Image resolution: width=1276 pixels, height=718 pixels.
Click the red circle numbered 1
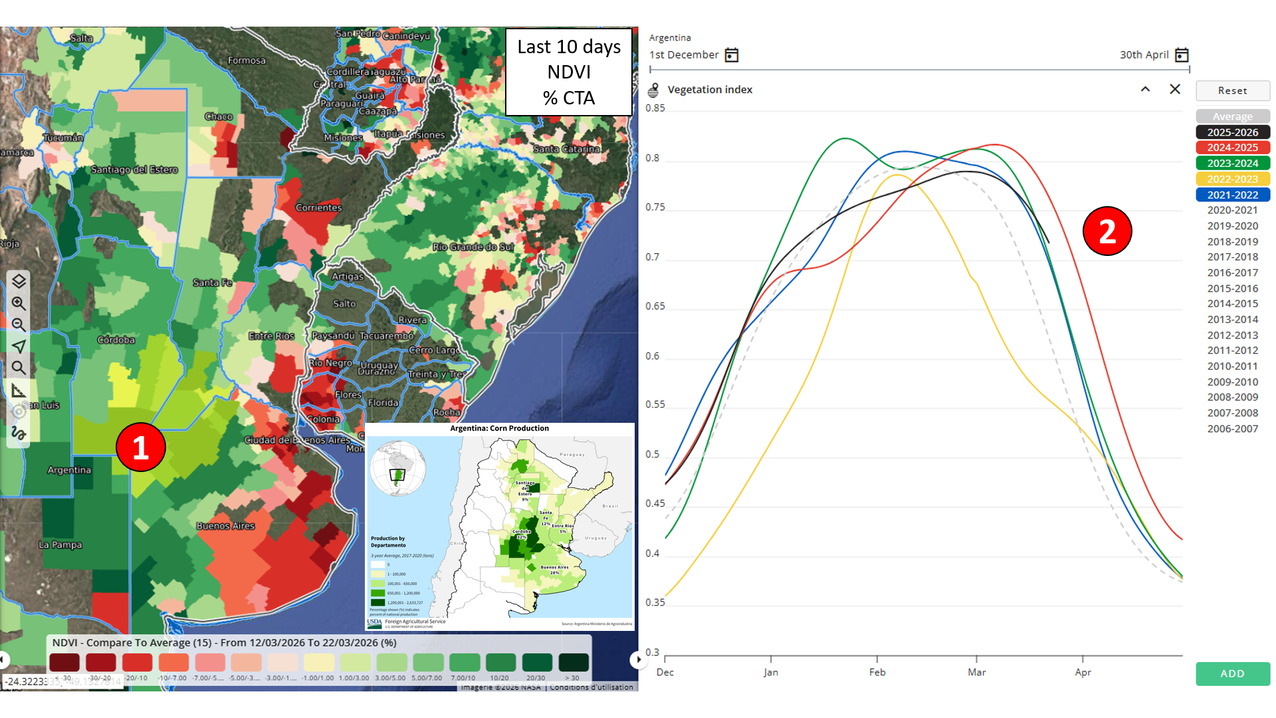click(140, 447)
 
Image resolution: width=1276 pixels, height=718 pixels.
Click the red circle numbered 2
click(1107, 231)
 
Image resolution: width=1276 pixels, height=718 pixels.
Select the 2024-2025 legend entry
click(1232, 148)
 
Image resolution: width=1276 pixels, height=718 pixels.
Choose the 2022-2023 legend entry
click(1232, 179)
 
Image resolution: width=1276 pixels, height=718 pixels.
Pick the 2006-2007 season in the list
click(1232, 429)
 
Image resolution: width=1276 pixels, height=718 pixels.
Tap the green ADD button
click(1232, 673)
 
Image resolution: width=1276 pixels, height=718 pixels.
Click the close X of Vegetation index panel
click(1175, 89)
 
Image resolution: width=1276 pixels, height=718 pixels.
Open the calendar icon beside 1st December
click(732, 55)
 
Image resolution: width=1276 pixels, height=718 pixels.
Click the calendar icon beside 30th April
click(1182, 55)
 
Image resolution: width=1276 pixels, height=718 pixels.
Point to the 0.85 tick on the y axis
click(655, 108)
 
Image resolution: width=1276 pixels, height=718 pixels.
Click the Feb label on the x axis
click(877, 672)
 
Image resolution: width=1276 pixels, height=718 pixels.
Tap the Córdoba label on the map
click(116, 340)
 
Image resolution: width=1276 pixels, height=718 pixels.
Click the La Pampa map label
click(60, 544)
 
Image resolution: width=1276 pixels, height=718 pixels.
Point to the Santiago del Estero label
click(134, 170)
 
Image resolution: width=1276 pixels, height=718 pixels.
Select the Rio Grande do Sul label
click(473, 247)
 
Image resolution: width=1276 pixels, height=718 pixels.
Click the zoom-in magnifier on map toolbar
click(19, 303)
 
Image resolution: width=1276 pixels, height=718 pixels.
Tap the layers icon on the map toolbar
click(19, 281)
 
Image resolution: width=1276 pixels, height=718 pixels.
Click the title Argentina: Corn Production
click(499, 429)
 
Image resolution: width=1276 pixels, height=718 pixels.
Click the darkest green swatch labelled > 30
click(573, 662)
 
